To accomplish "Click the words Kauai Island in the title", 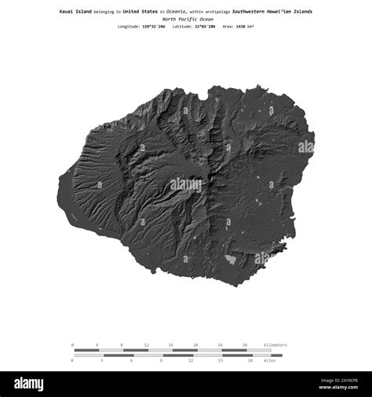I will (75, 12).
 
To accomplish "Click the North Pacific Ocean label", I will (186, 19).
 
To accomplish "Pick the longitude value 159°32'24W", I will (154, 27).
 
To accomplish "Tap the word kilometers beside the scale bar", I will (275, 344).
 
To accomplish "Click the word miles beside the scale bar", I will (269, 361).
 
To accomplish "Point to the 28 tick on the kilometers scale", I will (245, 344).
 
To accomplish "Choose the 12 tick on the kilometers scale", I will (146, 344).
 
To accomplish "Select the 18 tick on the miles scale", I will (250, 361).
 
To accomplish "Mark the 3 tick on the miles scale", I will (102, 361).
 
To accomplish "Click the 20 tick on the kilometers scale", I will (195, 344).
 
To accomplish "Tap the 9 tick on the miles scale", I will (161, 361).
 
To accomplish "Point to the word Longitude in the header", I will (129, 27).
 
